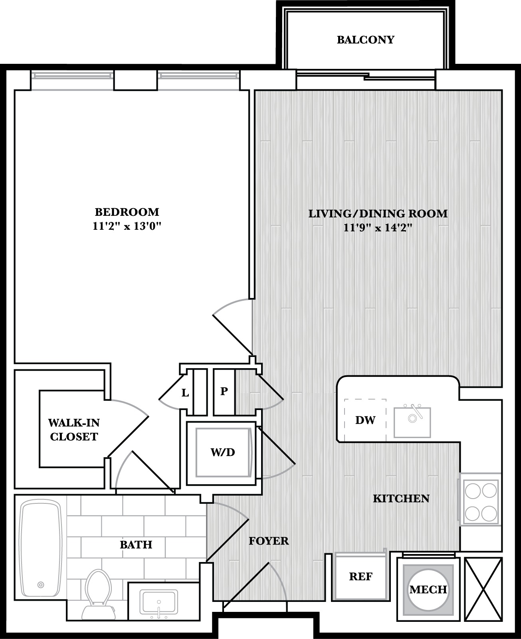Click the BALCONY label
pos(365,40)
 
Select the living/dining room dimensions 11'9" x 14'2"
pos(378,228)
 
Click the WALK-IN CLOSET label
pos(74,430)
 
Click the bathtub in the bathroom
pos(40,548)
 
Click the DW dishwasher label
pos(365,420)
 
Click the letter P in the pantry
pos(224,391)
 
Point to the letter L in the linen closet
pos(185,393)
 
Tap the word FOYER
pos(269,541)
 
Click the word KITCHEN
pos(401,499)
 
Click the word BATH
pos(136,545)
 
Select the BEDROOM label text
pos(127,212)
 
